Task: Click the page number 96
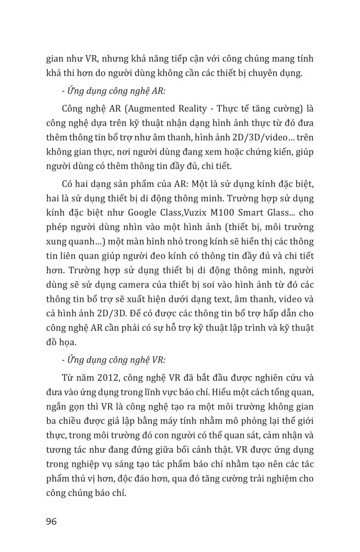pos(51,522)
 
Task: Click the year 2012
pos(109,378)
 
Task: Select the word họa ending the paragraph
pos(74,343)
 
